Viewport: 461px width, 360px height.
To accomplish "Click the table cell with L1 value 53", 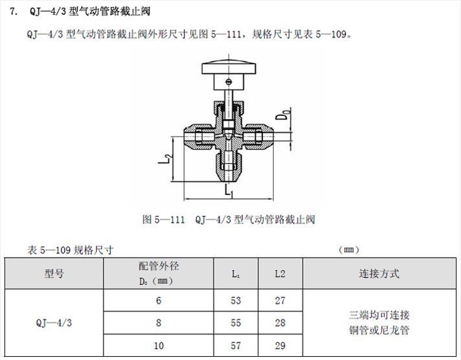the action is pyautogui.click(x=236, y=300).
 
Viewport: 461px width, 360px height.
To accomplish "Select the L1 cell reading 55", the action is pyautogui.click(x=236, y=322).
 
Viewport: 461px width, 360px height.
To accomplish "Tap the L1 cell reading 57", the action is pyautogui.click(x=236, y=345).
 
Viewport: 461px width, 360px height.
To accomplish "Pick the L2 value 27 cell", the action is pyautogui.click(x=280, y=300).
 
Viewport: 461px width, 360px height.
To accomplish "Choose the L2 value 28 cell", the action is pyautogui.click(x=280, y=322).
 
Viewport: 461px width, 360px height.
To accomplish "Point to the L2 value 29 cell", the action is pyautogui.click(x=280, y=345).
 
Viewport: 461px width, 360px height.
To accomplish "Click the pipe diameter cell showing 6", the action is pyautogui.click(x=159, y=300).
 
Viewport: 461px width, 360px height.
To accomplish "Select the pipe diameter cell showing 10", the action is pyautogui.click(x=159, y=345).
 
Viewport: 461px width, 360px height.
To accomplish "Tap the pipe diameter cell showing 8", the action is pyautogui.click(x=159, y=322).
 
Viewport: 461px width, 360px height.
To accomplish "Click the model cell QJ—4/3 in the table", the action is pyautogui.click(x=54, y=322).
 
